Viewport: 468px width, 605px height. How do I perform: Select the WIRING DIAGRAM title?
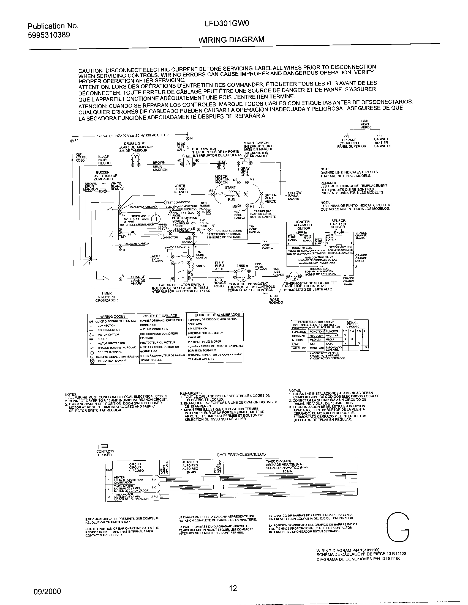[231, 40]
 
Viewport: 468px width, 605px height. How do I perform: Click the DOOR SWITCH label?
[203, 149]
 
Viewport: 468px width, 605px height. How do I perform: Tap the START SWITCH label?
[256, 143]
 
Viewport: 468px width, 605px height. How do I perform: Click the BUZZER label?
[103, 172]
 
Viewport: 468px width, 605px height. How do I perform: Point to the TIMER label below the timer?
[107, 293]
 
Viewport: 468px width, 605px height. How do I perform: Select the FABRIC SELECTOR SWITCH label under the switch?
[181, 285]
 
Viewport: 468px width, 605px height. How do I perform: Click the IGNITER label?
[303, 222]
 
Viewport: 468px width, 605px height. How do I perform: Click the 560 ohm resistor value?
[200, 266]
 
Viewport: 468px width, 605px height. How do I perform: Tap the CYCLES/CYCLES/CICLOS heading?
[241, 454]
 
